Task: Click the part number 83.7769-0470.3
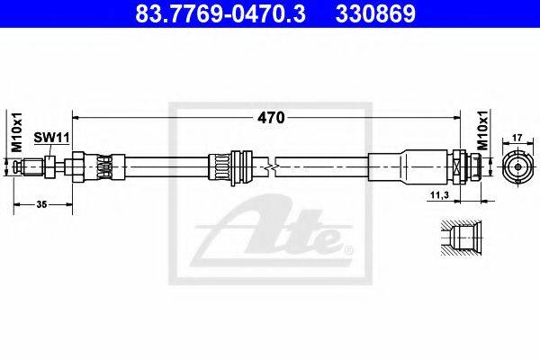point(220,14)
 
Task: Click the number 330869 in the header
point(375,14)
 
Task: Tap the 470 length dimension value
point(272,118)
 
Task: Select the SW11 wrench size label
point(51,138)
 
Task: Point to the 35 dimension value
point(41,204)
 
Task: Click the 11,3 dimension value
point(440,195)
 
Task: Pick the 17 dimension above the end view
point(517,138)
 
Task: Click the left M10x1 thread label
point(16,132)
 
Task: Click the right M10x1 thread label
point(483,130)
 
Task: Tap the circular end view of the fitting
point(517,167)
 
